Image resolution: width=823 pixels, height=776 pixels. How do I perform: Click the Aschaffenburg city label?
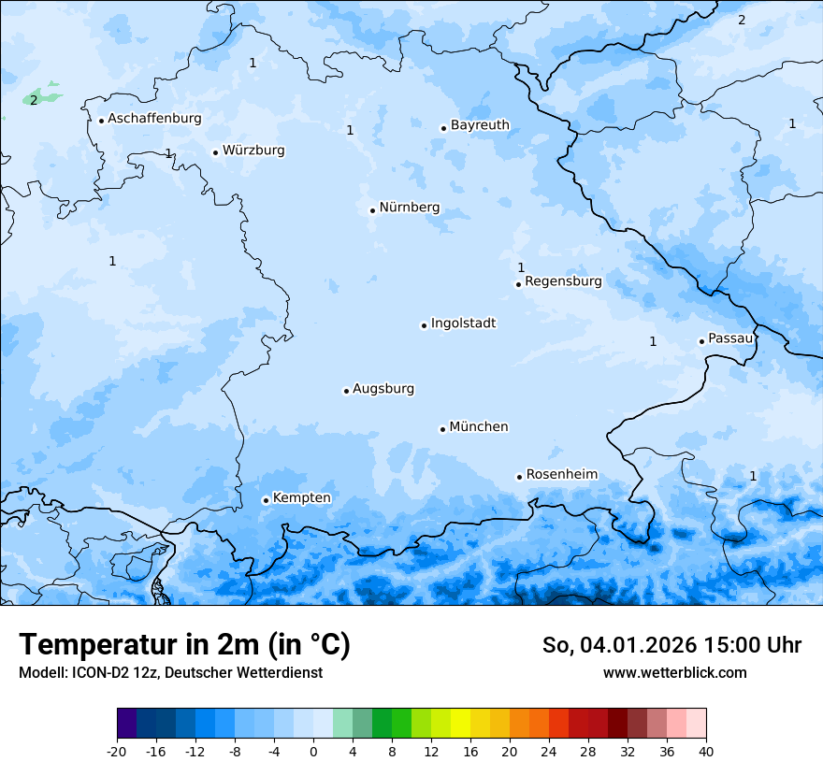click(x=154, y=119)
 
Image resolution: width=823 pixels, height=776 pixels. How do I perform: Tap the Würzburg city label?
click(x=253, y=151)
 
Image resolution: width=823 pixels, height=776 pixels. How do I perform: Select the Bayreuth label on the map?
click(x=480, y=125)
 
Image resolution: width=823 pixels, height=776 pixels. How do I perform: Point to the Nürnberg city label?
click(x=409, y=208)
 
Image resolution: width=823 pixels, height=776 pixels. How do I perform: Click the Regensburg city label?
click(x=563, y=281)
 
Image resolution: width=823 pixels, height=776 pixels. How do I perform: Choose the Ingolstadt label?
click(x=463, y=323)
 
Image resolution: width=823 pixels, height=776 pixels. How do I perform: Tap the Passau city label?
click(x=730, y=338)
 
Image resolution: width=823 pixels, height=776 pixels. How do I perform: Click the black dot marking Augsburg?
click(x=346, y=391)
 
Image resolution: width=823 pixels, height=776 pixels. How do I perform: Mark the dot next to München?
click(x=442, y=429)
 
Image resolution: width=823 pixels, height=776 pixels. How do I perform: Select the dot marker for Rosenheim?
click(x=519, y=477)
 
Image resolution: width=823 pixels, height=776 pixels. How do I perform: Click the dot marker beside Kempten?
click(x=266, y=500)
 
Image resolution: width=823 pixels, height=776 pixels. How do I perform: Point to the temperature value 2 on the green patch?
click(x=34, y=100)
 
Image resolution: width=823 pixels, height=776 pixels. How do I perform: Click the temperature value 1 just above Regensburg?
click(x=521, y=267)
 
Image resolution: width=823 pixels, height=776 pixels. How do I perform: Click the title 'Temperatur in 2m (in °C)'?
click(x=184, y=644)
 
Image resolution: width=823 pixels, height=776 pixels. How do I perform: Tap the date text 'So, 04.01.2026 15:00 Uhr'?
click(x=671, y=645)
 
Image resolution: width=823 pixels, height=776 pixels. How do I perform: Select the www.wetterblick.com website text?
click(x=674, y=672)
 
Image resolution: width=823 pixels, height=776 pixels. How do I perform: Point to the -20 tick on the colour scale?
click(x=117, y=751)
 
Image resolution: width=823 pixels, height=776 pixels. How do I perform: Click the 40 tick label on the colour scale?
click(x=706, y=751)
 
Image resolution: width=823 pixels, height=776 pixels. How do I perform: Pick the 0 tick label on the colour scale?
click(x=313, y=751)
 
